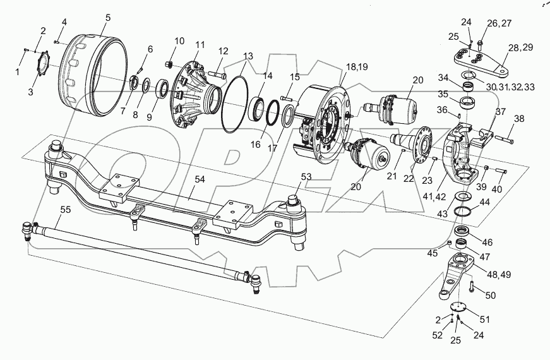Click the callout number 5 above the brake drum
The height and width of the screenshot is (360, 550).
point(107,17)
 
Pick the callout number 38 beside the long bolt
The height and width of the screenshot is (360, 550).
point(518,118)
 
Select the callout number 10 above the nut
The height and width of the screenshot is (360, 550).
point(179,41)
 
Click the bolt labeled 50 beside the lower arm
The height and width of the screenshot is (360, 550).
point(472,288)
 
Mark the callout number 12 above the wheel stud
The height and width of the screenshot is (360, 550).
point(223,50)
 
